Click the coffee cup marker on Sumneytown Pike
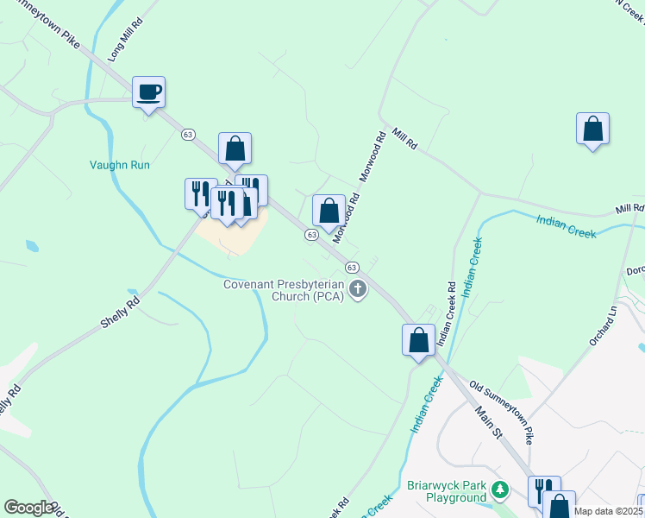[148, 92]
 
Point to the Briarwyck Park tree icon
[499, 491]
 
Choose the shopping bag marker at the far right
[592, 129]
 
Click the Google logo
[28, 508]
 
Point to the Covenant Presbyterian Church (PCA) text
[284, 290]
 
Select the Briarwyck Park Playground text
[447, 492]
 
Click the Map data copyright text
[607, 511]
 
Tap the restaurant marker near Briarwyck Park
[544, 490]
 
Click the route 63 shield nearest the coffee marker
[187, 134]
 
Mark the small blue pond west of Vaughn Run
[33, 245]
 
